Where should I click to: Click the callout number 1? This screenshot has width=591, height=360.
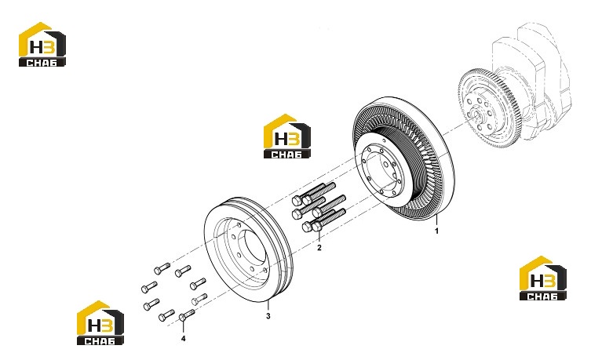pyautogui.click(x=437, y=231)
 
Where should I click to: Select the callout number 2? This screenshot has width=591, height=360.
pyautogui.click(x=319, y=247)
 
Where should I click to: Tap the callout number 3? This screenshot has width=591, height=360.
pyautogui.click(x=268, y=316)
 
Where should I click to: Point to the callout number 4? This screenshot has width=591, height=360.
pyautogui.click(x=183, y=339)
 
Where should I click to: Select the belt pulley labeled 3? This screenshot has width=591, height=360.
pyautogui.click(x=248, y=249)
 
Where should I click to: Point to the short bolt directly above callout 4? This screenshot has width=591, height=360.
pyautogui.click(x=188, y=314)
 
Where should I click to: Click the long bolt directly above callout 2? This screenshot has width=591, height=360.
pyautogui.click(x=323, y=220)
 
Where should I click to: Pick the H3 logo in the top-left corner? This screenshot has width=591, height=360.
pyautogui.click(x=42, y=45)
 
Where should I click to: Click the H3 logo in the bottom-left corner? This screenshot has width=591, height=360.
pyautogui.click(x=100, y=322)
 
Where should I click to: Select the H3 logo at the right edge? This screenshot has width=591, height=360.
pyautogui.click(x=543, y=278)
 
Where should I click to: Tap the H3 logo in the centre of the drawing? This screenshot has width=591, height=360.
pyautogui.click(x=287, y=136)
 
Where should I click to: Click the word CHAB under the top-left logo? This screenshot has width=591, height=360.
pyautogui.click(x=42, y=63)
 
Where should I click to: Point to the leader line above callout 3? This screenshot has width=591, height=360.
pyautogui.click(x=268, y=305)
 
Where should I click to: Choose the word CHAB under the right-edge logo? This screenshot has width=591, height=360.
pyautogui.click(x=543, y=296)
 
